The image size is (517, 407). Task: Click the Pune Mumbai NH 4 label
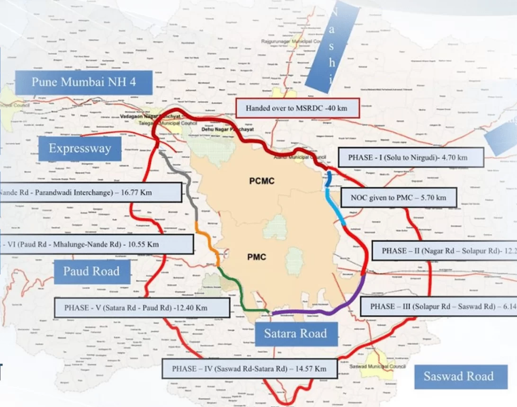tap(84, 82)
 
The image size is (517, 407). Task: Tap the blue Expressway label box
tap(80, 149)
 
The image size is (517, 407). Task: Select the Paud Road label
tap(91, 272)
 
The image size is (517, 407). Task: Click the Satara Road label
tap(295, 334)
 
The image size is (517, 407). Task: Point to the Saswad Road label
tap(458, 376)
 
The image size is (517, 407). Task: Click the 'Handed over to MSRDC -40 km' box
tap(296, 108)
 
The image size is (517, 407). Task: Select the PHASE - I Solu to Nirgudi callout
tap(411, 158)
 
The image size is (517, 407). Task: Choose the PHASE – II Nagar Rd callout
tap(444, 251)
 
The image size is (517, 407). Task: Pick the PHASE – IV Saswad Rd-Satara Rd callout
tap(250, 368)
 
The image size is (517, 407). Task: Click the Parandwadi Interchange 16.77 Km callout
tap(90, 193)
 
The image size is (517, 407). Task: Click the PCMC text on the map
tap(262, 181)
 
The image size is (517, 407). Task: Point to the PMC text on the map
tap(257, 257)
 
